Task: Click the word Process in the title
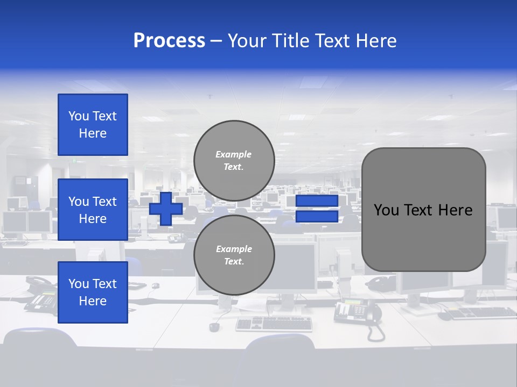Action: [x=169, y=41]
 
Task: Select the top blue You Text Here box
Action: [x=93, y=125]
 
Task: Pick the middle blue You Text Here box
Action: [x=93, y=210]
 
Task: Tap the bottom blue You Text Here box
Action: [x=93, y=292]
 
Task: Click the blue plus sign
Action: [x=166, y=209]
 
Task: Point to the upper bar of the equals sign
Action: [x=317, y=201]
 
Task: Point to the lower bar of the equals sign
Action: [x=317, y=217]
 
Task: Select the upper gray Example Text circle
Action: [x=234, y=161]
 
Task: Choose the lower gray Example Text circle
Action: [x=234, y=255]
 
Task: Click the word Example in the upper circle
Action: [x=234, y=154]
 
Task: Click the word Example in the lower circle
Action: [x=234, y=249]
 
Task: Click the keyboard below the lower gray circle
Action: [x=274, y=323]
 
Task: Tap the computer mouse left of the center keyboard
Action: [x=214, y=327]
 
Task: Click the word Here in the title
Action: [x=375, y=41]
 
